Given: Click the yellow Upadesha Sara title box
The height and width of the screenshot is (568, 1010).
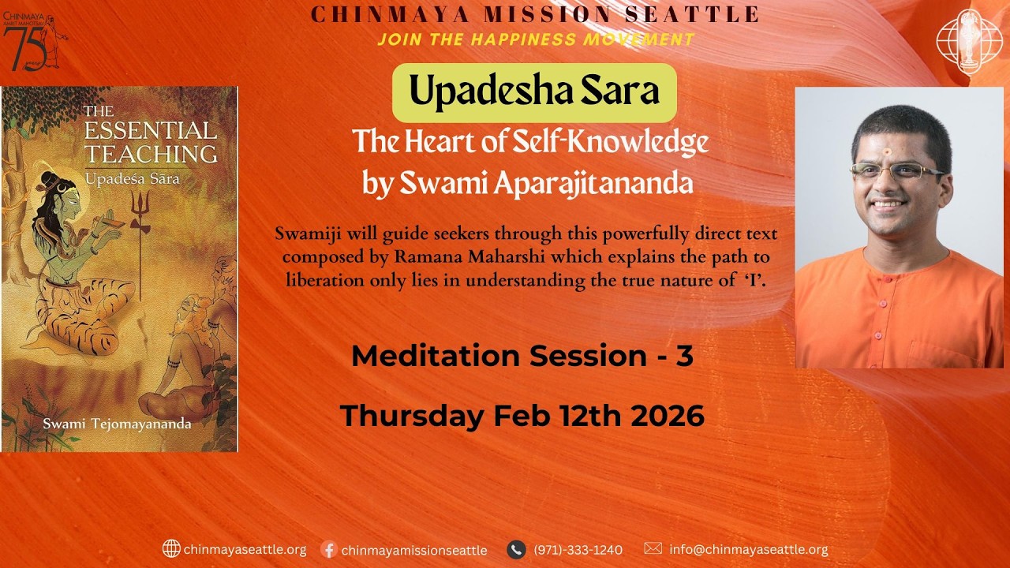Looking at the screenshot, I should (534, 92).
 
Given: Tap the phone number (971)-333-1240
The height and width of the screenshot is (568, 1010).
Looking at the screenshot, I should (578, 550).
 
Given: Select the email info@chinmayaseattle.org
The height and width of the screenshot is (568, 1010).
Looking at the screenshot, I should (748, 550).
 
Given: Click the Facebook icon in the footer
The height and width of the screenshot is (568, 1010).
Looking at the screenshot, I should (330, 549).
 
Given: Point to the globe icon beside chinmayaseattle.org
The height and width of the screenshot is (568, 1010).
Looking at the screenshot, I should (171, 548).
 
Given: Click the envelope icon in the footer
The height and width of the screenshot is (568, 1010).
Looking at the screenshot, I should (653, 548).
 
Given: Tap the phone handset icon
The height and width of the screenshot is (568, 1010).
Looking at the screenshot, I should (516, 549).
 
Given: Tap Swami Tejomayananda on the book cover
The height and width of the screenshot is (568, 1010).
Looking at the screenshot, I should (116, 424).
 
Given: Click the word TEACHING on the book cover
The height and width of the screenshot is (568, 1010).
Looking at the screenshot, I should (151, 153).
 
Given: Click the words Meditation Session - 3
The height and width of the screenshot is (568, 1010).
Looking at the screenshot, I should (522, 356).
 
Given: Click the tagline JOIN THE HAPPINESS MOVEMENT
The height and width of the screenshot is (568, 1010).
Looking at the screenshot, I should (536, 39).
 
